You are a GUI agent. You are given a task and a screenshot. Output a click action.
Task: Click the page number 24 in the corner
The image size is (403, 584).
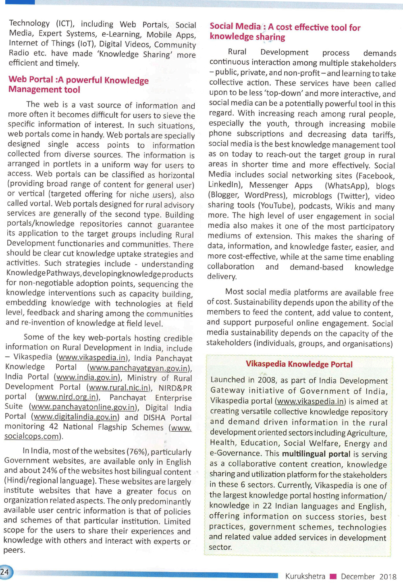5,572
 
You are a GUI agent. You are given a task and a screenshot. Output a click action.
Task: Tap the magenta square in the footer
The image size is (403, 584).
333,576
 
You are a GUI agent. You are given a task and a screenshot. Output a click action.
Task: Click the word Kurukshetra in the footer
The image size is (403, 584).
305,576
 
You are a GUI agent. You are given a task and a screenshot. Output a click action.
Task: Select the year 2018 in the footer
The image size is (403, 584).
388,576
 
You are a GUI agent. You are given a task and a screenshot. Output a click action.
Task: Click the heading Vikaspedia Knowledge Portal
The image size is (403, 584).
299,364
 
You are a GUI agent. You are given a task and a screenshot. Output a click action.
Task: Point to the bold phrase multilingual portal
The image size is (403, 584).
316,454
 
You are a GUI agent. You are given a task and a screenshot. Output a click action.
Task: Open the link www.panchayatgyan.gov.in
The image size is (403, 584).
139,368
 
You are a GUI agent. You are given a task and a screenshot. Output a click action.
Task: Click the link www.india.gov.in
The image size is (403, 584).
87,378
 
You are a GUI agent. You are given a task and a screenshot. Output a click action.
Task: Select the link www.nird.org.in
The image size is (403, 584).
67,397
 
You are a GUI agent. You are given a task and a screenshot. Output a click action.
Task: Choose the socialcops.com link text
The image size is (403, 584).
31,436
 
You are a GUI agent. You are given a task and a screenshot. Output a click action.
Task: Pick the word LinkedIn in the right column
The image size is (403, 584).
224,185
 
